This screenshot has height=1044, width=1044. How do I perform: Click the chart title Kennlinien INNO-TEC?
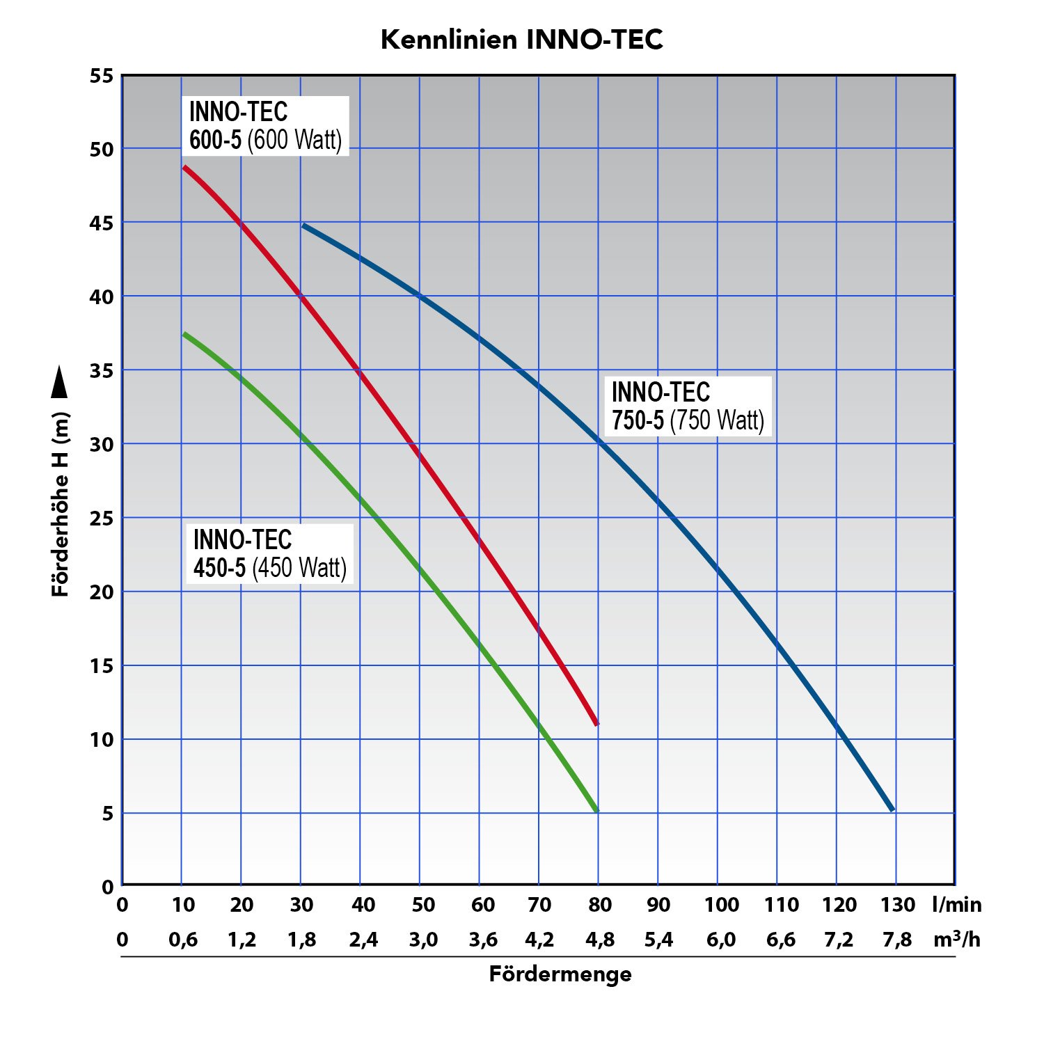(522, 40)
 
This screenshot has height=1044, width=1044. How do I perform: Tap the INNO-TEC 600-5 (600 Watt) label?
(265, 125)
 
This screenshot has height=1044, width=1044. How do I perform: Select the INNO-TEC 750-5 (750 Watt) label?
(688, 406)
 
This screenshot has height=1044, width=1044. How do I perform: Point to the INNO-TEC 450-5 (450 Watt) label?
(269, 553)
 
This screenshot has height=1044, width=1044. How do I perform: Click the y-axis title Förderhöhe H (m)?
(61, 505)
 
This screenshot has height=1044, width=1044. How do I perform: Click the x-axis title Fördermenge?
(560, 974)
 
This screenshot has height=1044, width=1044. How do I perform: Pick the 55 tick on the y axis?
(102, 76)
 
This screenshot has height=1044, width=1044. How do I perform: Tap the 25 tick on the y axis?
(102, 519)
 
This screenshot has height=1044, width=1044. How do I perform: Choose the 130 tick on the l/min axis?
(898, 905)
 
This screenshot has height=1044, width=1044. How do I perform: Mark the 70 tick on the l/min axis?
(539, 905)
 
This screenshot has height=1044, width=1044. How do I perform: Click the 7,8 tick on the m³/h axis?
(897, 940)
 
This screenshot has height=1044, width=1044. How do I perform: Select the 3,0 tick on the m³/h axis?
(423, 940)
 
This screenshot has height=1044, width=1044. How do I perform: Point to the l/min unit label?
(957, 905)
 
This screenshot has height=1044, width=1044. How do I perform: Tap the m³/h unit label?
(957, 940)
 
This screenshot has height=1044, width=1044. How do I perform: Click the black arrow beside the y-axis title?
(61, 382)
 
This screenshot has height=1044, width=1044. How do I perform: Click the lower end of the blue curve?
(892, 809)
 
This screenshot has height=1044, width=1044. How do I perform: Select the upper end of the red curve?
(184, 167)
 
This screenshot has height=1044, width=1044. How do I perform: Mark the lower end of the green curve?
(596, 811)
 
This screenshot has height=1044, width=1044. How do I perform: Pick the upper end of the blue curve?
(303, 226)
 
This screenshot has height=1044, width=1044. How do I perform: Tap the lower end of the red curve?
(596, 724)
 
